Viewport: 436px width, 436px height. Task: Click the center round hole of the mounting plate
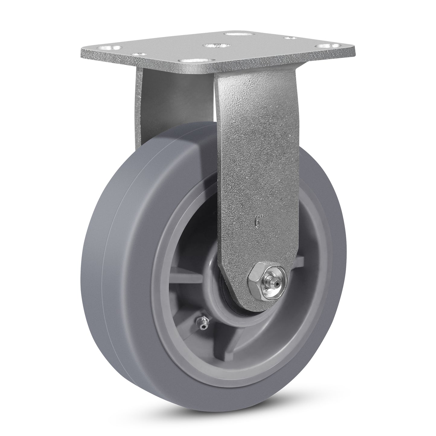click(215, 46)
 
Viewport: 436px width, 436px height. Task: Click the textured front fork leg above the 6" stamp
click(256, 151)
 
